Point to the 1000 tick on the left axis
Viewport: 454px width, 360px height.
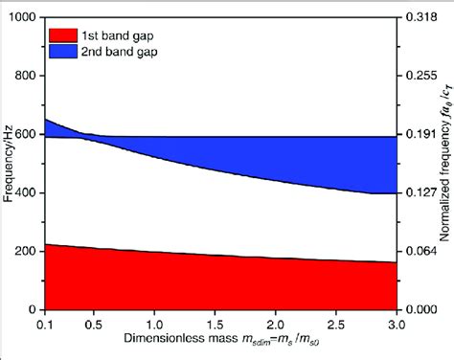coord(25,18)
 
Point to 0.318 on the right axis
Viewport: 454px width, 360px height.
coord(418,18)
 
